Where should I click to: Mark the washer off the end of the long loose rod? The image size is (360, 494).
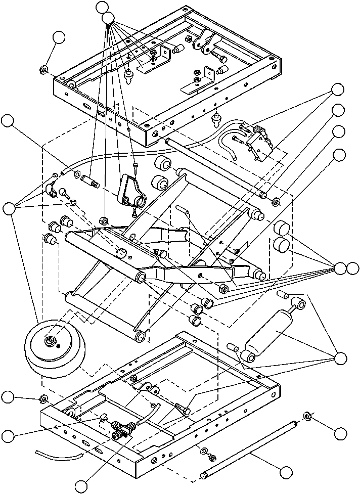click(307, 416)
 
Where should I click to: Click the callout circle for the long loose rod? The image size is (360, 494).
click(286, 472)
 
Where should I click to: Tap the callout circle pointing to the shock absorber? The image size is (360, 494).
click(342, 358)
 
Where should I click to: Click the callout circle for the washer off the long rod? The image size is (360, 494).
click(342, 433)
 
